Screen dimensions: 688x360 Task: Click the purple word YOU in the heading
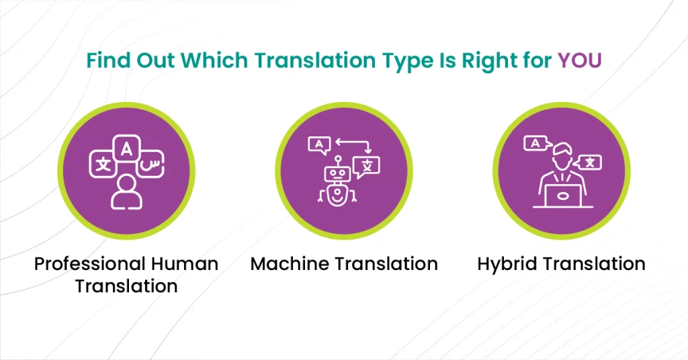click(579, 60)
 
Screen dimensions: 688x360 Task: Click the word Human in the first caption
click(184, 264)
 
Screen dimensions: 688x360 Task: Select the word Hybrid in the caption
click(507, 265)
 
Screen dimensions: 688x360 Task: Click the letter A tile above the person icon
click(126, 149)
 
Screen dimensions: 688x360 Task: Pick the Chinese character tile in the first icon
click(103, 165)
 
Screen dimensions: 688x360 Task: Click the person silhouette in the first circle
click(126, 192)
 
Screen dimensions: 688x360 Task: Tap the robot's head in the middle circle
click(337, 173)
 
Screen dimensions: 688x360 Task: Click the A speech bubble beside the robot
click(319, 145)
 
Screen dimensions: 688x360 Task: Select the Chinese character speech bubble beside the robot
click(367, 167)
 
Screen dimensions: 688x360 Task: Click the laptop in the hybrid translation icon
click(563, 195)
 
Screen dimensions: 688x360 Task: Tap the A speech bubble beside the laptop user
click(537, 143)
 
